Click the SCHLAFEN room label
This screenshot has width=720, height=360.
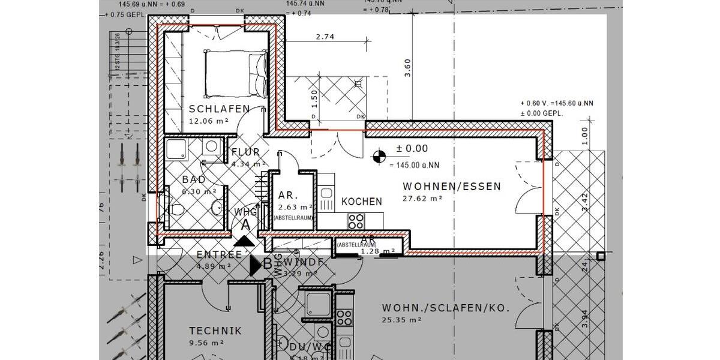(x=219, y=109)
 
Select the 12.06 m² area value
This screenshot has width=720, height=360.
(x=209, y=120)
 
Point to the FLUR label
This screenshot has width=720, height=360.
(x=245, y=152)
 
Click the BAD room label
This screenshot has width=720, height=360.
(x=194, y=179)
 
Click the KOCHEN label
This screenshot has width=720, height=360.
(x=361, y=202)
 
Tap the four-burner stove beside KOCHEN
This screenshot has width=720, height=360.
(x=356, y=220)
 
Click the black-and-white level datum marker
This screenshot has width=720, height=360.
(x=378, y=157)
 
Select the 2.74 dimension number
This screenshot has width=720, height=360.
(x=325, y=37)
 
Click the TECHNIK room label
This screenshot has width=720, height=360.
(x=215, y=331)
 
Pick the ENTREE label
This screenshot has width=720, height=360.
(x=219, y=255)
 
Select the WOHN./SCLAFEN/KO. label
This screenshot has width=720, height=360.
(x=445, y=308)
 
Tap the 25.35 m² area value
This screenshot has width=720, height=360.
(x=401, y=320)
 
